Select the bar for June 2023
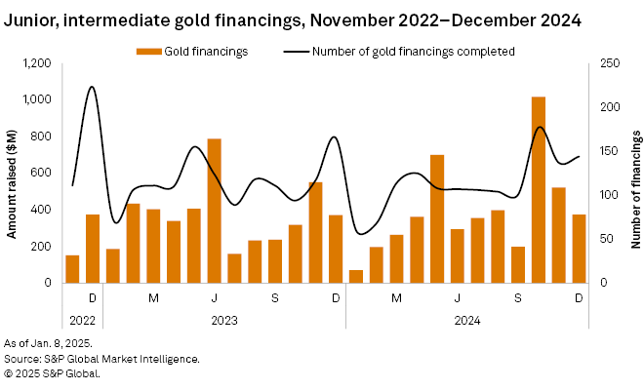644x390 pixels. pyautogui.click(x=214, y=211)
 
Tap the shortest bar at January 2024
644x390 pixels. pyautogui.click(x=356, y=276)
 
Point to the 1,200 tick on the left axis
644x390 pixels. pyautogui.click(x=37, y=63)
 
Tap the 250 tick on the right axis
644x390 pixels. pyautogui.click(x=608, y=63)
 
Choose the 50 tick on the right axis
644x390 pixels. pyautogui.click(x=605, y=239)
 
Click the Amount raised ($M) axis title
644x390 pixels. pyautogui.click(x=13, y=173)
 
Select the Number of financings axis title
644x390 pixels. pyautogui.click(x=632, y=173)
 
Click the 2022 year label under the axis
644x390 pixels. pyautogui.click(x=82, y=319)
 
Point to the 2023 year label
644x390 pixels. pyautogui.click(x=223, y=319)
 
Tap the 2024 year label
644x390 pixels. pyautogui.click(x=467, y=319)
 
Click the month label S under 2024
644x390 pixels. pyautogui.click(x=518, y=296)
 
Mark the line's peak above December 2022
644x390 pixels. pyautogui.click(x=92, y=87)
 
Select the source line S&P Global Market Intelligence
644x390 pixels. pyautogui.click(x=101, y=358)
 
